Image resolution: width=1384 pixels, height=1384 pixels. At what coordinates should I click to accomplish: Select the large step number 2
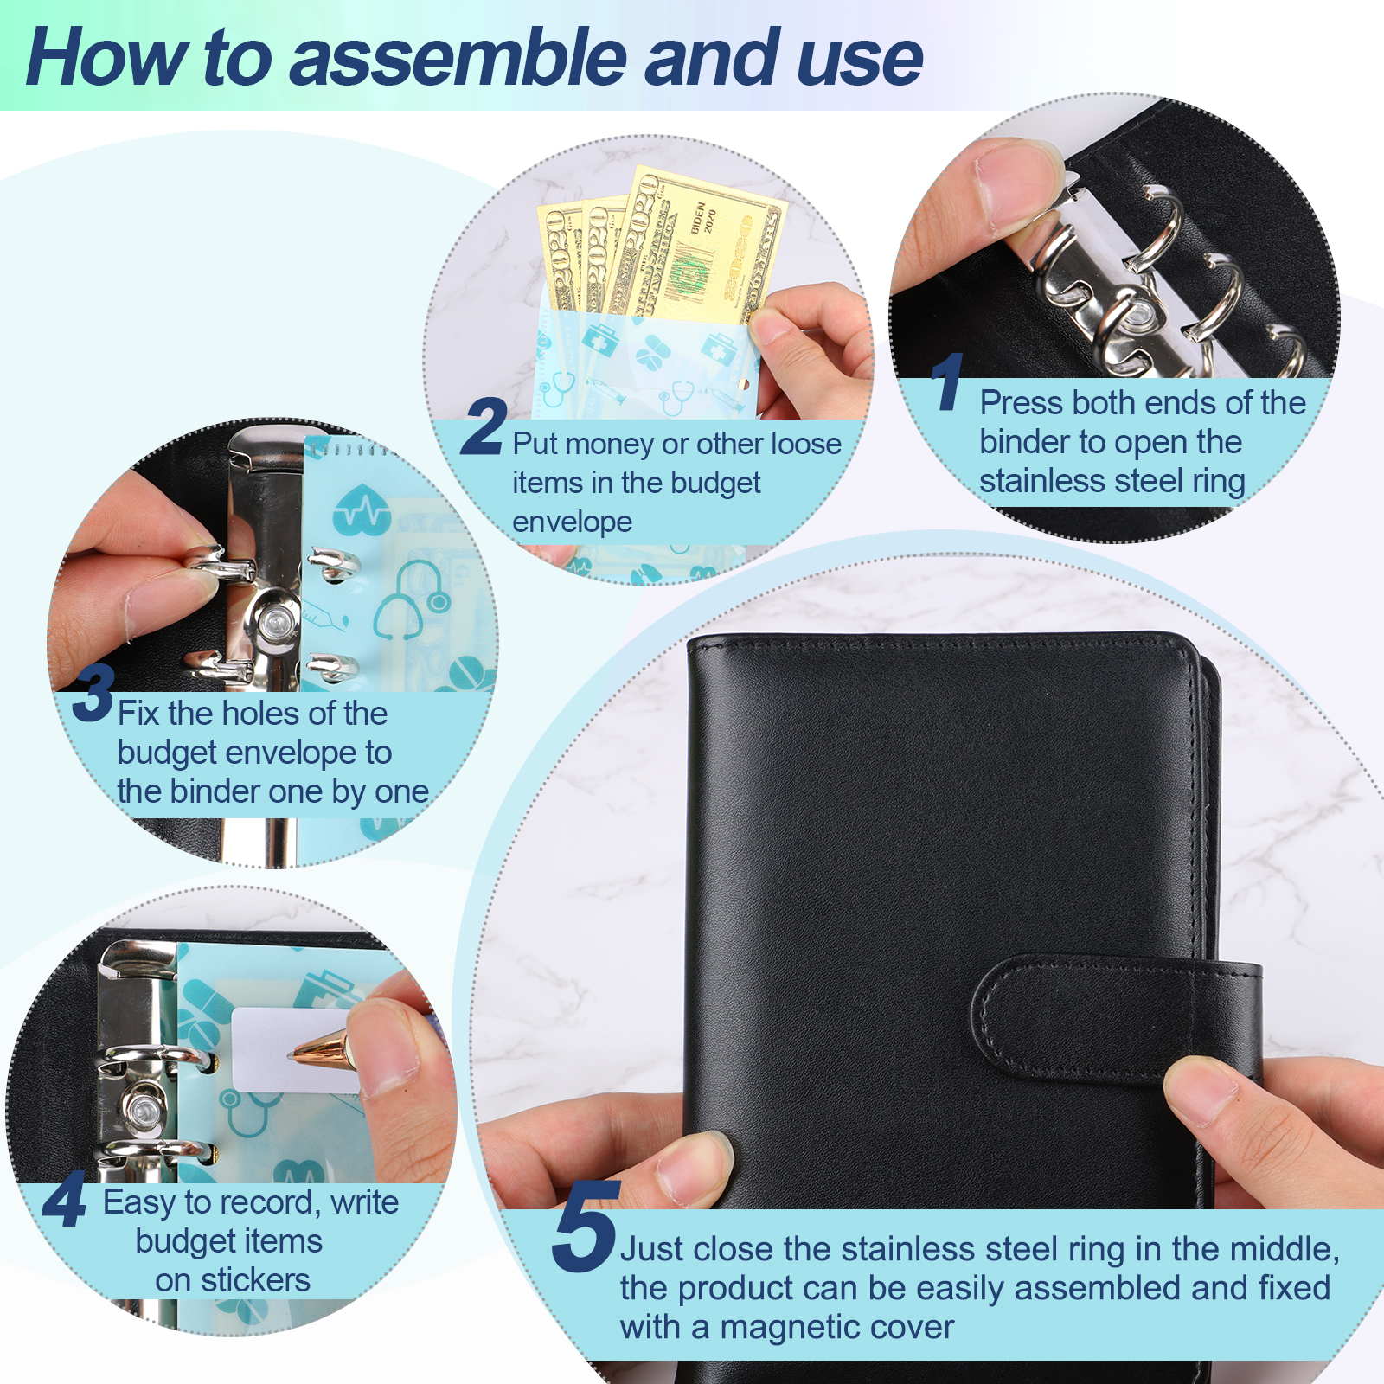tap(484, 426)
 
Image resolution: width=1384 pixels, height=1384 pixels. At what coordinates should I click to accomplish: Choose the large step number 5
tap(586, 1226)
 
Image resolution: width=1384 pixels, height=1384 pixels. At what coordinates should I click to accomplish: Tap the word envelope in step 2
tap(572, 522)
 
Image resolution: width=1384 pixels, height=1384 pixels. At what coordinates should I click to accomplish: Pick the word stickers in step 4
tap(255, 1280)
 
